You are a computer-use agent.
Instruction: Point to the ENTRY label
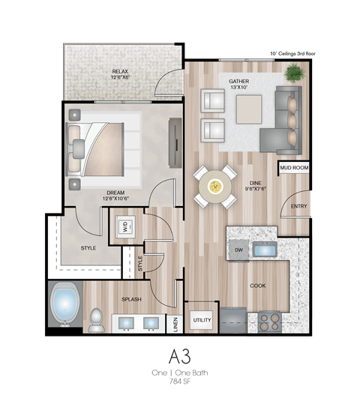pyautogui.click(x=298, y=206)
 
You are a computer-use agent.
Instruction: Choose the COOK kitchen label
pyautogui.click(x=258, y=286)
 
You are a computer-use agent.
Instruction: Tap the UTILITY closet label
pyautogui.click(x=202, y=320)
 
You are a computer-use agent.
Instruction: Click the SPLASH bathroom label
pyautogui.click(x=132, y=300)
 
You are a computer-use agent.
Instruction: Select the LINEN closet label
pyautogui.click(x=175, y=324)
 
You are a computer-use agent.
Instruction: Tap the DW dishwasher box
pyautogui.click(x=238, y=250)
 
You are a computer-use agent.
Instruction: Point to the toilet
pyautogui.click(x=96, y=320)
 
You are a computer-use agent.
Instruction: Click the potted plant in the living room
pyautogui.click(x=294, y=73)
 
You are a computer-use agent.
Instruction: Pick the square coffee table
pyautogui.click(x=249, y=109)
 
